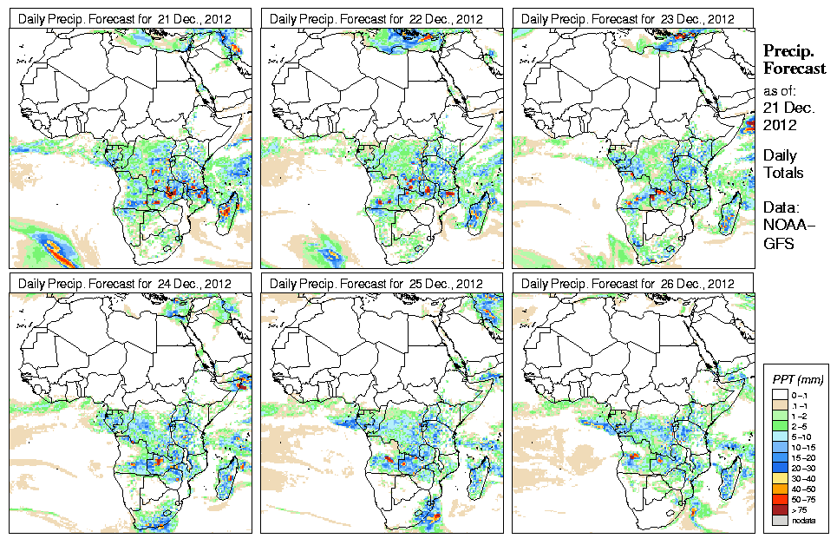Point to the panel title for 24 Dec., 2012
(126, 284)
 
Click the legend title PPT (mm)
(798, 379)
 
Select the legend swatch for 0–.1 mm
(780, 396)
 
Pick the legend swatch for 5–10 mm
(780, 437)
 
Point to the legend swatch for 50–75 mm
(780, 499)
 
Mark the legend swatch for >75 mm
(780, 509)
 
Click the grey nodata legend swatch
(780, 520)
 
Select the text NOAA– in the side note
(785, 228)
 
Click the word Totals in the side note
(783, 173)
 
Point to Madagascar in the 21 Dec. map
(228, 207)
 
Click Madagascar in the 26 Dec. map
(731, 472)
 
